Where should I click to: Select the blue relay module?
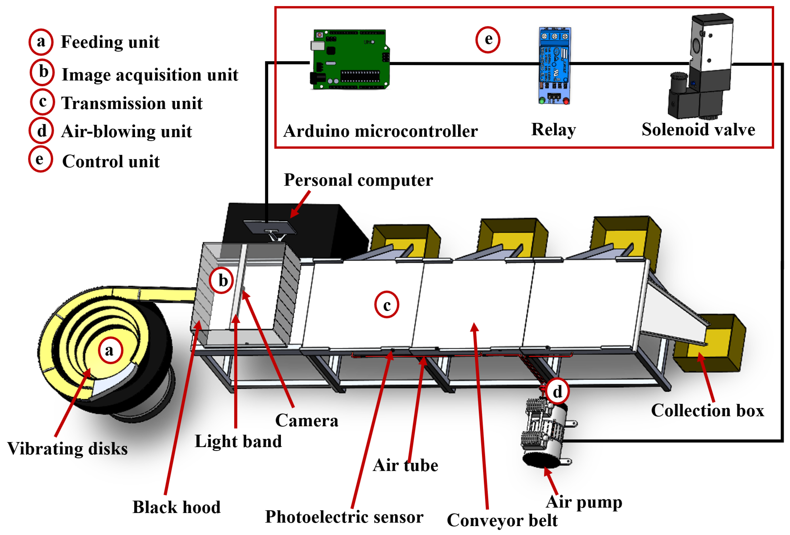click(554, 66)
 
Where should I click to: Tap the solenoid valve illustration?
click(702, 68)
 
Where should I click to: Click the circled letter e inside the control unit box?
click(487, 39)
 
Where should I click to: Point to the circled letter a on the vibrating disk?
click(110, 350)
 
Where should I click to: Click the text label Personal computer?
click(358, 180)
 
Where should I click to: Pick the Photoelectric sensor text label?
click(344, 517)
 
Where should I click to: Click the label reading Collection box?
click(707, 410)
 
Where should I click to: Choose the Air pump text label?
click(584, 502)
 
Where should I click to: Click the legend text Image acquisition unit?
click(150, 75)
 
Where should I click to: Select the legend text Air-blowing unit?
click(126, 131)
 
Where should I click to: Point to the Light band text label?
click(238, 441)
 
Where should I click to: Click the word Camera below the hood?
click(306, 421)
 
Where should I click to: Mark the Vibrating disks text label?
click(67, 448)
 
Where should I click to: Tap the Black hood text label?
click(176, 507)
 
